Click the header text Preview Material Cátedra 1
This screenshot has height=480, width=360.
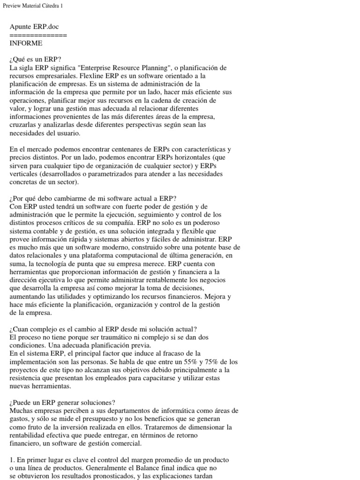click(x=32, y=6)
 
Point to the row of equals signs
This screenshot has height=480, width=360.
click(x=38, y=35)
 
